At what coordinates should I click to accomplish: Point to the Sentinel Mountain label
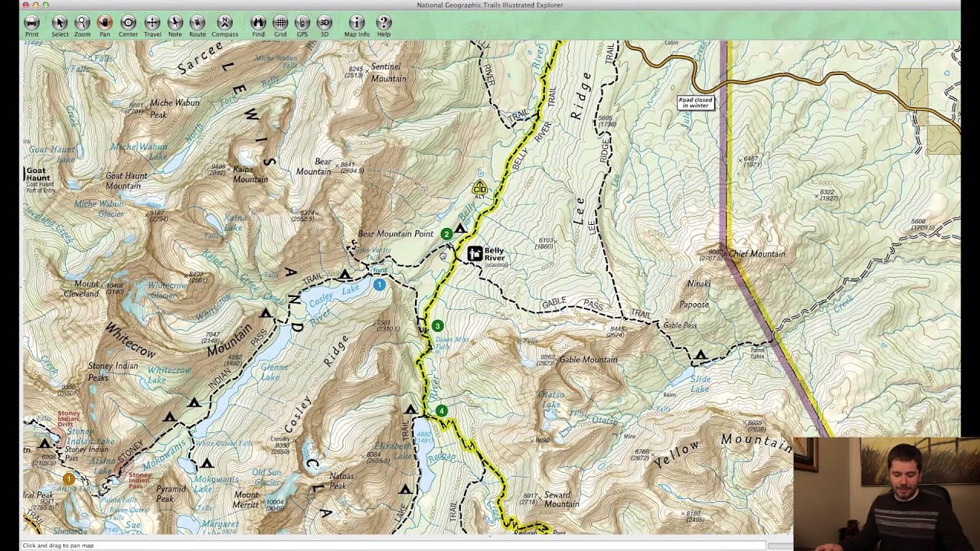[388, 73]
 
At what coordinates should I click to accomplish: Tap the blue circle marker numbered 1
[379, 285]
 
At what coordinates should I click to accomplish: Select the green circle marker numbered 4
[441, 411]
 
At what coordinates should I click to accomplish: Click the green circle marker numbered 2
[446, 234]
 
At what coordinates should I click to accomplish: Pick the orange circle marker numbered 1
[68, 479]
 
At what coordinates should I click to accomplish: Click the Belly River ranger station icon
[475, 253]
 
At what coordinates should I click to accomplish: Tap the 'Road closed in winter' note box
[695, 103]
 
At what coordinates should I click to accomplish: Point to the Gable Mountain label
[588, 360]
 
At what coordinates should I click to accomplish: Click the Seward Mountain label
[560, 499]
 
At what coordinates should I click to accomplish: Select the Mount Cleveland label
[81, 289]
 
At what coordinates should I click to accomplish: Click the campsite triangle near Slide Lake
[701, 355]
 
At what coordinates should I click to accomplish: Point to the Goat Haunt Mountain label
[128, 181]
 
